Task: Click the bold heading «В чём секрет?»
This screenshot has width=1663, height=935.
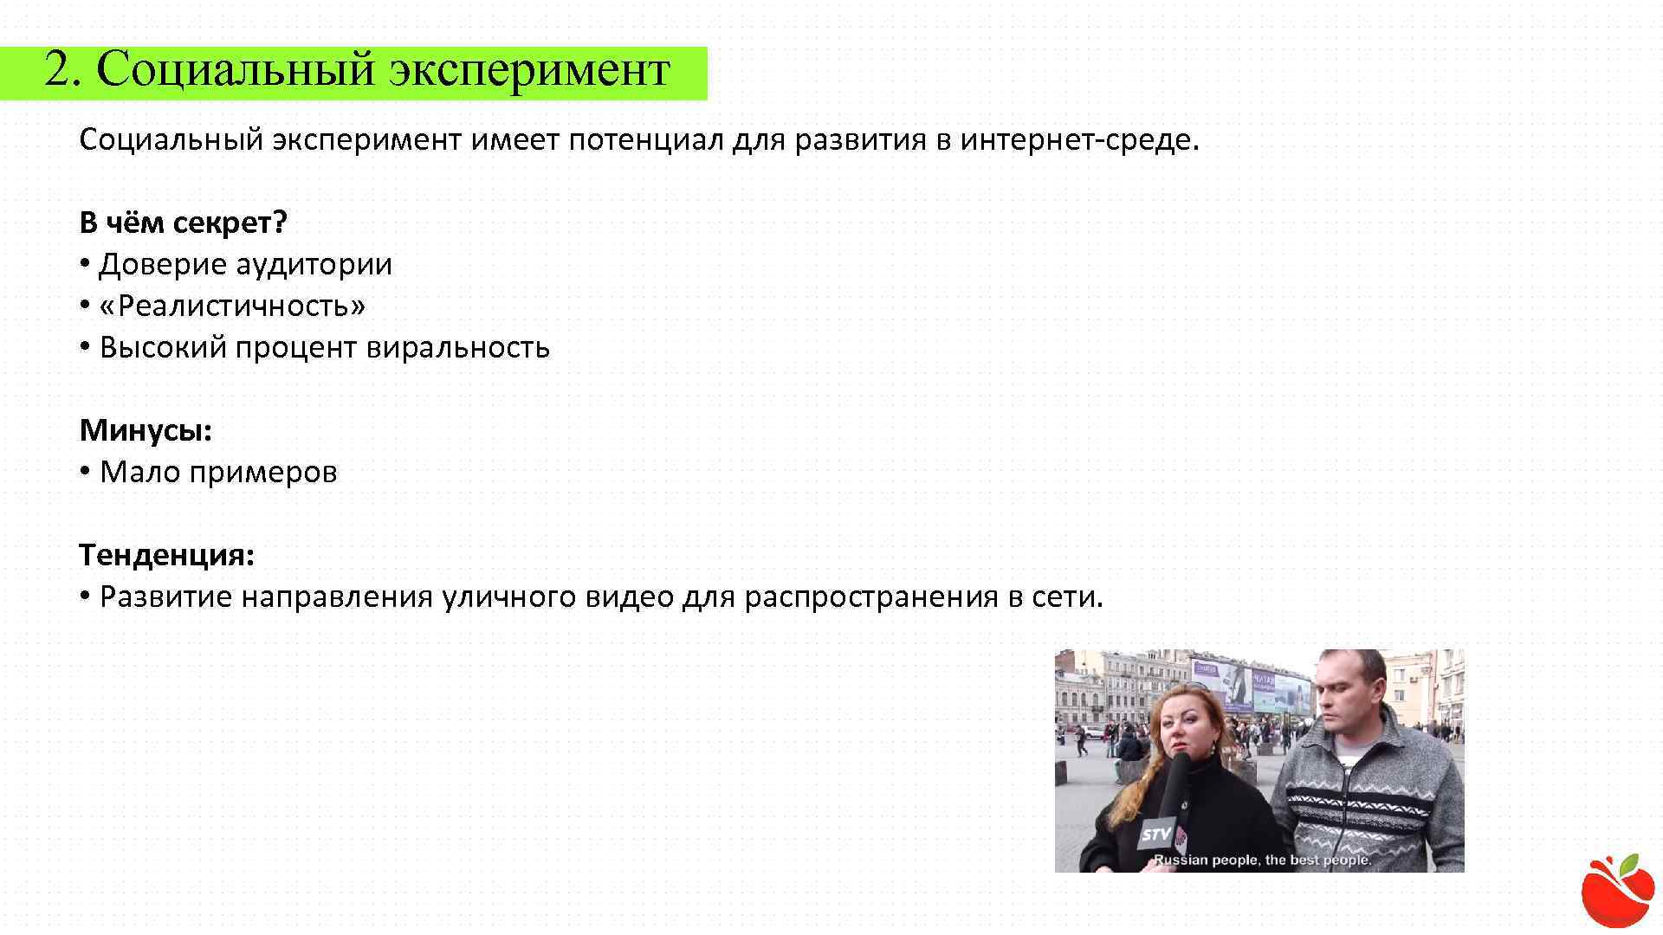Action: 183,223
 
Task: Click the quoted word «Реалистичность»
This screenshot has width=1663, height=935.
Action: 233,306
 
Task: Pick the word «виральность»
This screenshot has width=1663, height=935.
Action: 458,348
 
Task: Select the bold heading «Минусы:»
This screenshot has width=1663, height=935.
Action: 146,430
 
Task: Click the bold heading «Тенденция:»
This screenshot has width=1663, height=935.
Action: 167,555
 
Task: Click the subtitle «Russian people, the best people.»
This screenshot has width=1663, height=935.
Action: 1262,860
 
